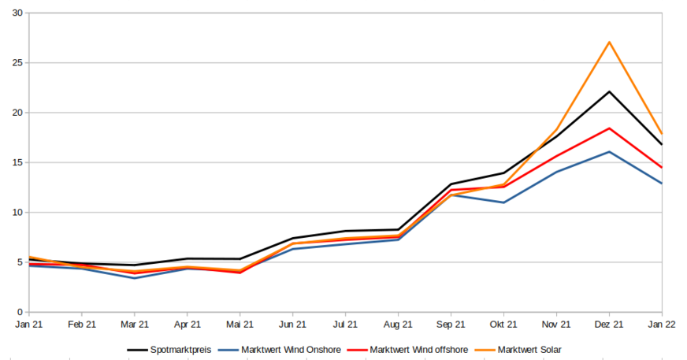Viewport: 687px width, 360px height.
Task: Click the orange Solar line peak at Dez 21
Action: (x=609, y=42)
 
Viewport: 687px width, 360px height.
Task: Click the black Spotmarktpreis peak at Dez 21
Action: (x=609, y=91)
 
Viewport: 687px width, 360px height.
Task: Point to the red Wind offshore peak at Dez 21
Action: (x=609, y=128)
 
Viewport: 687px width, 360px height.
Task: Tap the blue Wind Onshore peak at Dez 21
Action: (x=609, y=151)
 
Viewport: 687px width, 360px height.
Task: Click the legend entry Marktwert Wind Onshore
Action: (x=291, y=350)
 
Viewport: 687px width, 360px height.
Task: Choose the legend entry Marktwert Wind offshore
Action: (x=418, y=350)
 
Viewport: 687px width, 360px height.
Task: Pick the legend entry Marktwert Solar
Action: (x=529, y=350)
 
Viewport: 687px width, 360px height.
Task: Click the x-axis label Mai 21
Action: (x=240, y=324)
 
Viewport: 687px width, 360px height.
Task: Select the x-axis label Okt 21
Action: (x=503, y=324)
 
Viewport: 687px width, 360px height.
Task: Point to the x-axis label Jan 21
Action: (x=29, y=324)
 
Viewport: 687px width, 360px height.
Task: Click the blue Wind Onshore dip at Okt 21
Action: (x=503, y=202)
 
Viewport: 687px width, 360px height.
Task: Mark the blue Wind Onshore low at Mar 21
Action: (x=135, y=278)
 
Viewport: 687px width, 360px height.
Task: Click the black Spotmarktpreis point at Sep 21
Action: (x=451, y=184)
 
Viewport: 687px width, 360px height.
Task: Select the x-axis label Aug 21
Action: (x=398, y=324)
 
